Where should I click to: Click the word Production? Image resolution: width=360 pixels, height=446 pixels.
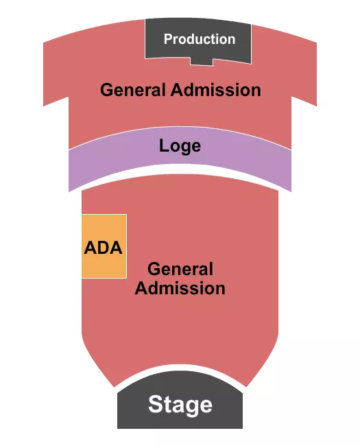coord(199,39)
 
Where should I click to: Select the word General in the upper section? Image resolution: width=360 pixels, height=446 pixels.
coord(133,90)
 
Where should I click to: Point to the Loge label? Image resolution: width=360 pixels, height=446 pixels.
coord(180,146)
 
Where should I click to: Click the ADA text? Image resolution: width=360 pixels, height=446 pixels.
coord(104,248)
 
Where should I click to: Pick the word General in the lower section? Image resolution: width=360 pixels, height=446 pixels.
coord(180,269)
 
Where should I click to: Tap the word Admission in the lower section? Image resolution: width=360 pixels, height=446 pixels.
coord(180,287)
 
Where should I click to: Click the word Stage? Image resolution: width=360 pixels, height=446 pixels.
coord(180,404)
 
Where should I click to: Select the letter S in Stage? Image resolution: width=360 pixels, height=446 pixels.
coord(156,404)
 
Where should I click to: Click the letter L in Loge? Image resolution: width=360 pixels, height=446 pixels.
coord(163,146)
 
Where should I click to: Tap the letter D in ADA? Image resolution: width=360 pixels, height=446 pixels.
coord(104,248)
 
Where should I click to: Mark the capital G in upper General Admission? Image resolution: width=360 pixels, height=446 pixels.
coord(106,90)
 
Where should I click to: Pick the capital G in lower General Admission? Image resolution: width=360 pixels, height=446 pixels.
coord(153,269)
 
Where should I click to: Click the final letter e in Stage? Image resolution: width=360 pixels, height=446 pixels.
coord(206,406)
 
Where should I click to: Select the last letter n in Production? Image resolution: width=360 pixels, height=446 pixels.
coord(231,40)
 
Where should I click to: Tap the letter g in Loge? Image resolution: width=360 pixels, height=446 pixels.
coord(186,148)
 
